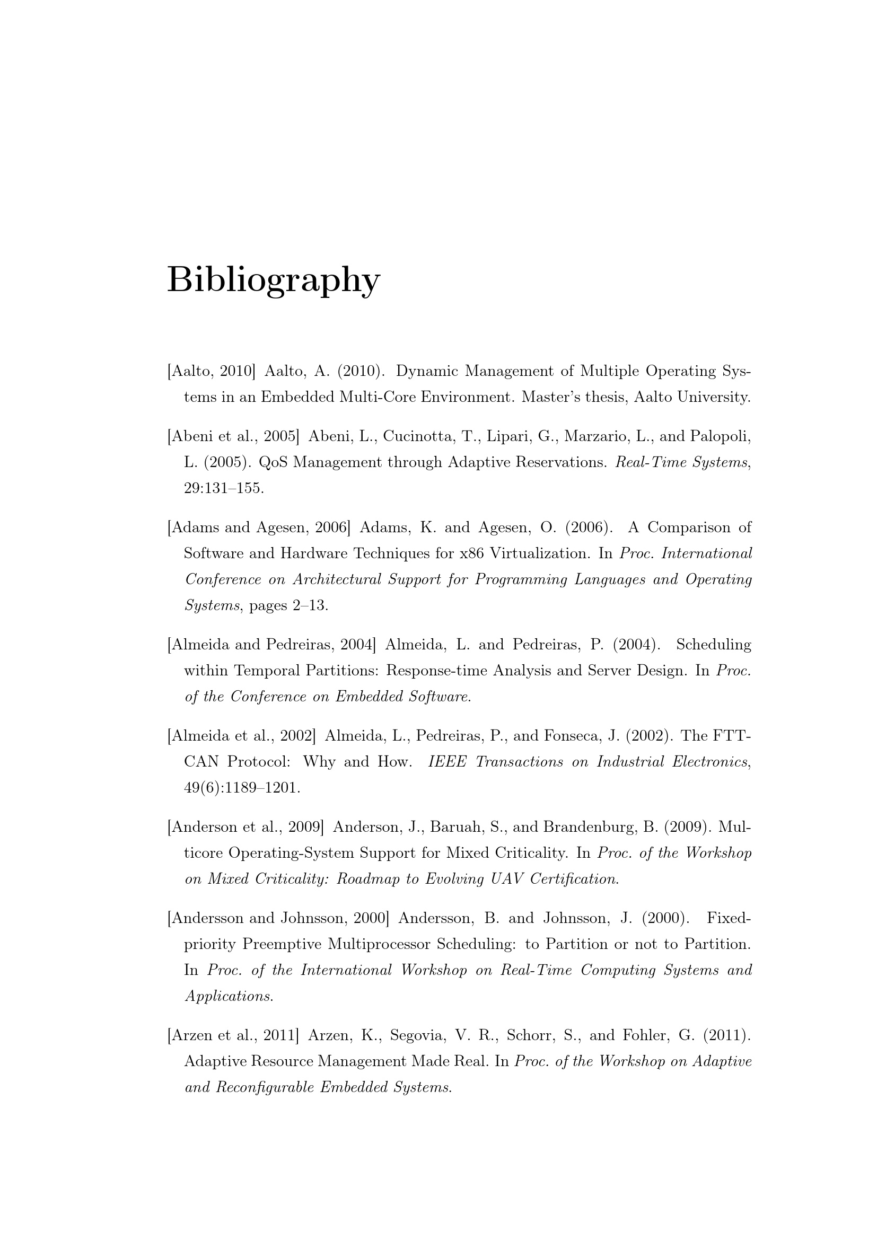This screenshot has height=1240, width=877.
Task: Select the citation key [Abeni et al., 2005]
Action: [233, 436]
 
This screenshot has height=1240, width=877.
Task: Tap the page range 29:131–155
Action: [224, 488]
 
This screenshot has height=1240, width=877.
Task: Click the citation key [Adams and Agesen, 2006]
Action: [259, 527]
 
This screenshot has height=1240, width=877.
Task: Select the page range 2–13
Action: [311, 605]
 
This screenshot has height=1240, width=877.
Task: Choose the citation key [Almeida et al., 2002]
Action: [241, 736]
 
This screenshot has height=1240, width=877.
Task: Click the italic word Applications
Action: [229, 996]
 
